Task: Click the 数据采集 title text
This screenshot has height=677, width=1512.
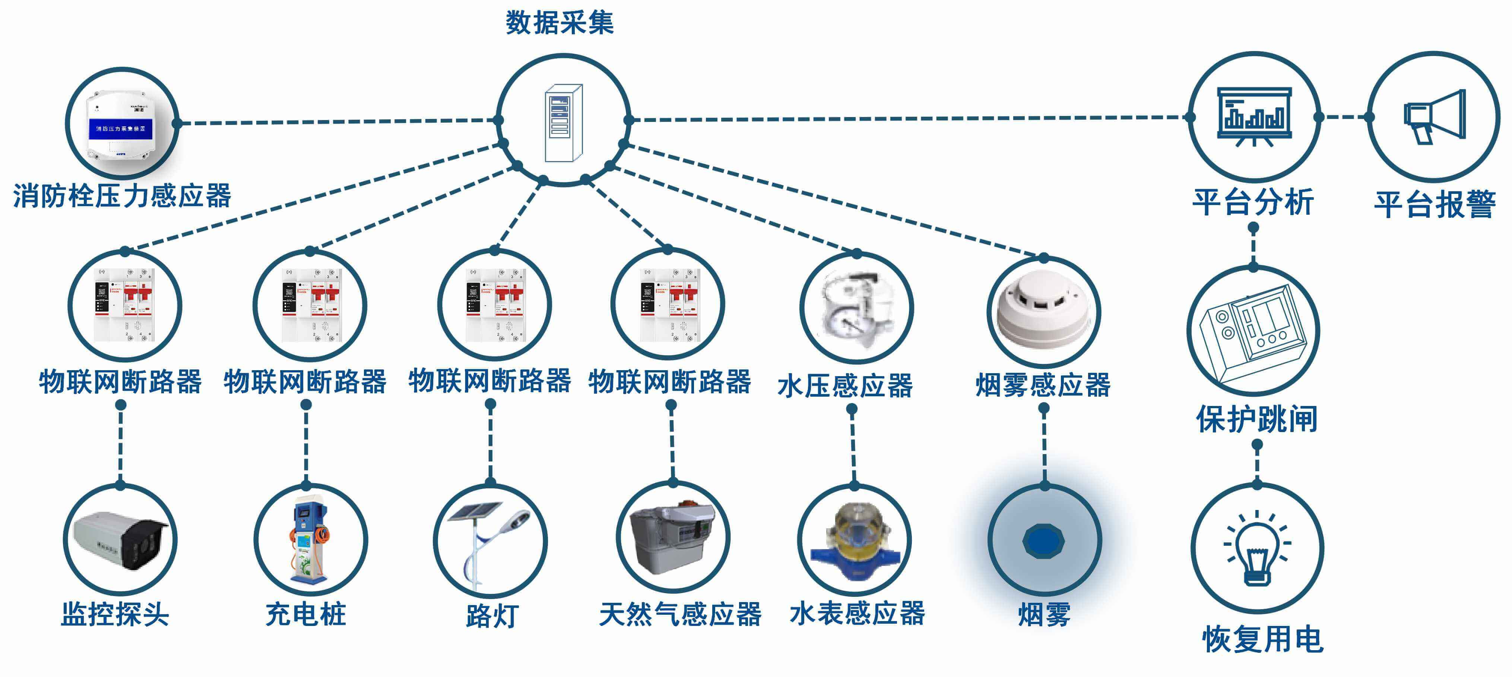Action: (x=560, y=23)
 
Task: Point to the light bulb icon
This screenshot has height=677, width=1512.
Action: (x=1257, y=549)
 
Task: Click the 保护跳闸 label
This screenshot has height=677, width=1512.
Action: (x=1257, y=419)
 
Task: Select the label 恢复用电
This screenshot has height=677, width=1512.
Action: (x=1262, y=639)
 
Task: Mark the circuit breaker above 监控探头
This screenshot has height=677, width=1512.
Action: (x=124, y=305)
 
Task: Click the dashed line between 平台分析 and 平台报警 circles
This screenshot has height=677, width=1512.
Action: (x=1344, y=117)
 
